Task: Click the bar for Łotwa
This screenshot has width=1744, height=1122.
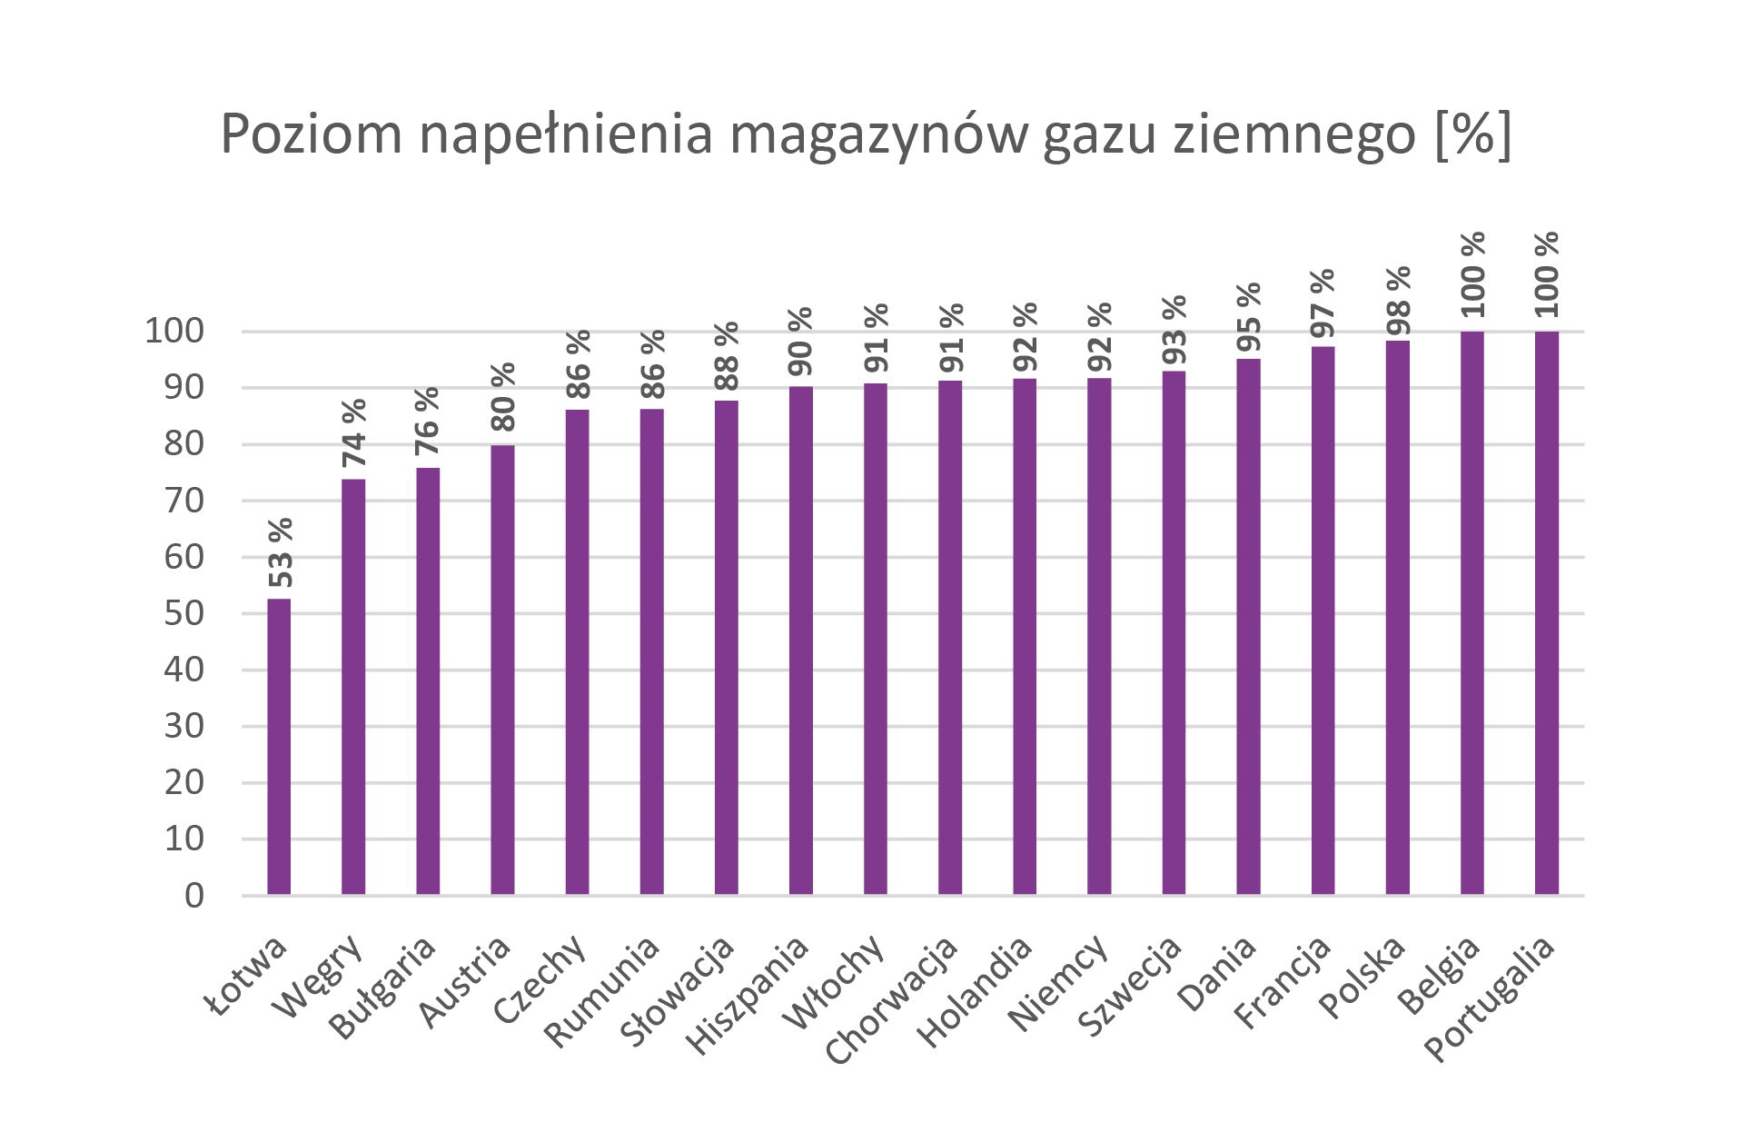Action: [279, 747]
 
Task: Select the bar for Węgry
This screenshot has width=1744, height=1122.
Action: [353, 687]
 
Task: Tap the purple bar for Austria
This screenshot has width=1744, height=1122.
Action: [502, 670]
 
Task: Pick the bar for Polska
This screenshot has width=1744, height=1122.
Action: [1397, 618]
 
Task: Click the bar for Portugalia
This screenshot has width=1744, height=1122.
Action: [1546, 613]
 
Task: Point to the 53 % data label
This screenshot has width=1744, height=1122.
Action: [281, 553]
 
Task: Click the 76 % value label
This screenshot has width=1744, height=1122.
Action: [428, 422]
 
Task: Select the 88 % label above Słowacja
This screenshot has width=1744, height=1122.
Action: [727, 355]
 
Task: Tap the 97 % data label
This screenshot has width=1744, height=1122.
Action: [1323, 304]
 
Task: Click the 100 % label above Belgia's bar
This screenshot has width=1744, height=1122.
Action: [1472, 273]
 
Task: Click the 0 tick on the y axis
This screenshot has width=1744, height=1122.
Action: [194, 896]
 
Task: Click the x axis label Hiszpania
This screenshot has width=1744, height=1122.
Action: [748, 996]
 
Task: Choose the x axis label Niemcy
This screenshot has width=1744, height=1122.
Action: [1058, 984]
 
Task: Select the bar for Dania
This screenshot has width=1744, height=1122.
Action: [1248, 627]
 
